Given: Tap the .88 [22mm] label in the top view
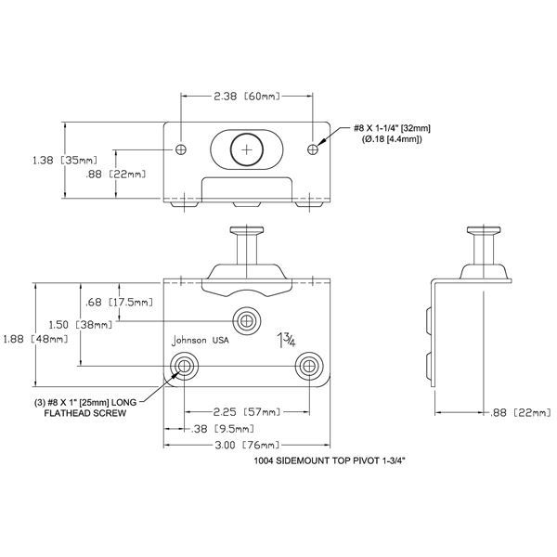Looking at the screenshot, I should coord(115,174).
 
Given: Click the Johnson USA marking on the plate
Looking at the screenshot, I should coord(201,341).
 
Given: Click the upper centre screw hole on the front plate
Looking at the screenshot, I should coord(246,320).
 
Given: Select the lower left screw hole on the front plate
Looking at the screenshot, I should coord(184,365).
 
